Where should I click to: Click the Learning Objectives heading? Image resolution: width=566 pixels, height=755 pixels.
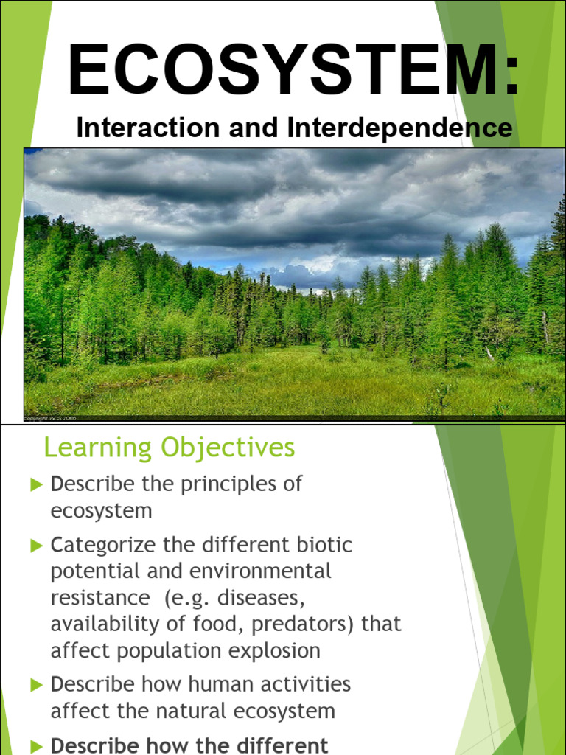[x=169, y=448]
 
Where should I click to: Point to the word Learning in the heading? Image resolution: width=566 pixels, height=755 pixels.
[x=89, y=448]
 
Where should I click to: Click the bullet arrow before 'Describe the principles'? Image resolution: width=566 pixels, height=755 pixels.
[x=37, y=485]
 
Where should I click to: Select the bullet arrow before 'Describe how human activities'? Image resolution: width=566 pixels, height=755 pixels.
[x=37, y=685]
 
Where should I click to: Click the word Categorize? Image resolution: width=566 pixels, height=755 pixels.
[x=103, y=546]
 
